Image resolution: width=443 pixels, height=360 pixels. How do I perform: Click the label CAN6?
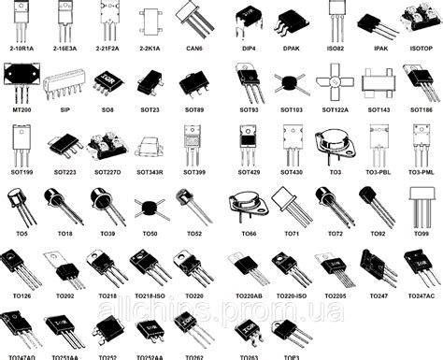point(193,45)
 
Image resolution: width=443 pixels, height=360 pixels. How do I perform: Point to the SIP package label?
point(64,109)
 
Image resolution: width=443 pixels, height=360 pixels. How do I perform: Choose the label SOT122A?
point(335,109)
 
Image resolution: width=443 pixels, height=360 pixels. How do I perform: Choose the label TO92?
point(378,233)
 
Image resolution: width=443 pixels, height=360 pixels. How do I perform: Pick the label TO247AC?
point(422,295)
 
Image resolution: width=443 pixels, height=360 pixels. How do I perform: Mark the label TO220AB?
point(249,295)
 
